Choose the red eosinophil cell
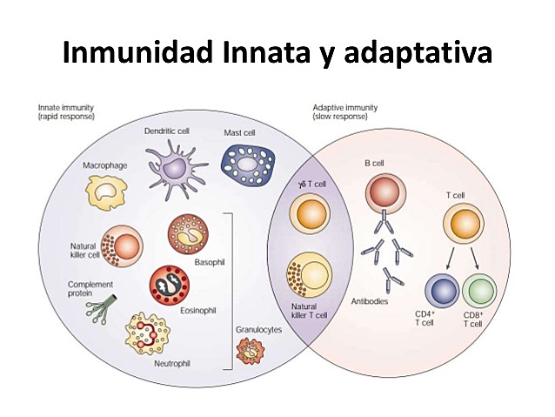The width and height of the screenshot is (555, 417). pos(170,286)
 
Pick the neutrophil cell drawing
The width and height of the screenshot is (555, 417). pos(157,335)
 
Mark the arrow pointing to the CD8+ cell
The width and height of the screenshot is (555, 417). pos(473,259)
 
